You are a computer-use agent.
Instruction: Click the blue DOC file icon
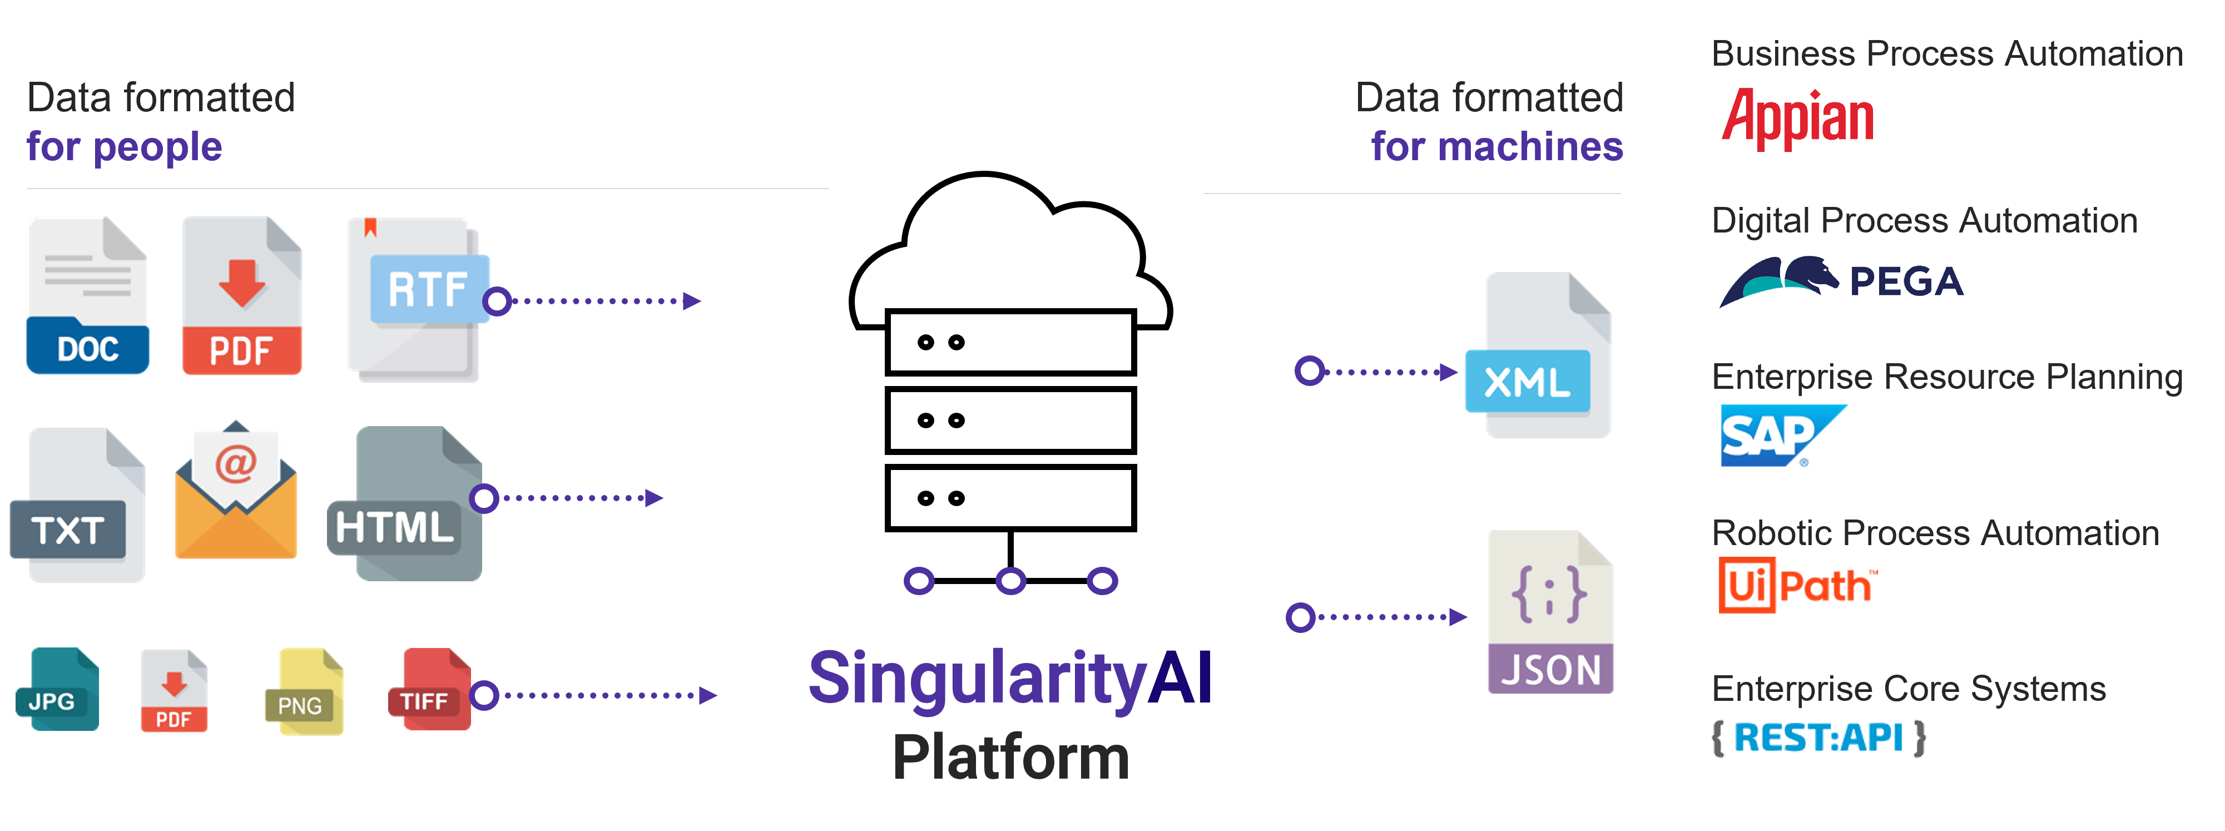coord(87,295)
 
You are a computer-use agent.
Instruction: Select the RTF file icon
coord(415,298)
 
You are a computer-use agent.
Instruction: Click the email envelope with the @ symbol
coord(236,492)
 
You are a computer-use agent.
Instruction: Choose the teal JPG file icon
coord(59,689)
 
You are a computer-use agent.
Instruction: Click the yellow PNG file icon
coord(305,691)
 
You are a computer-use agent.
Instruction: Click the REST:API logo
coord(1818,738)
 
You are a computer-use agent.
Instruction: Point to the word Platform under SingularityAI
coord(1010,756)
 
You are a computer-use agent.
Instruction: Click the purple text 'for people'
coord(125,147)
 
